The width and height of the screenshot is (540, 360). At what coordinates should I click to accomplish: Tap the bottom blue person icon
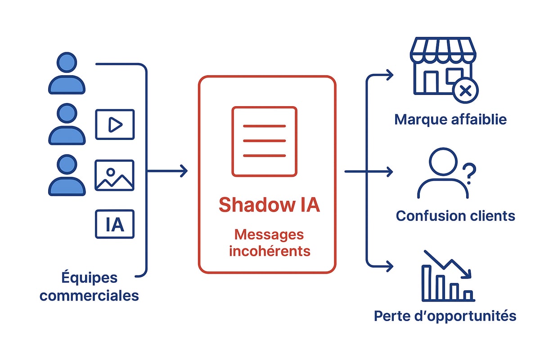pyautogui.click(x=67, y=175)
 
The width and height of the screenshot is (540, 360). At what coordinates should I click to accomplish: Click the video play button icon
pyautogui.click(x=115, y=125)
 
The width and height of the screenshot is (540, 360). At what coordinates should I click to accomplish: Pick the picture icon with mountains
pyautogui.click(x=115, y=175)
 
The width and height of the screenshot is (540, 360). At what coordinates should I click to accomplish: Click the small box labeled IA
pyautogui.click(x=115, y=224)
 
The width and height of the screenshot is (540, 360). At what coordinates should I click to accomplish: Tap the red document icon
pyautogui.click(x=264, y=141)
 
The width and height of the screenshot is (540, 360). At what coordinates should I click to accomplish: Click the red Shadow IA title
pyautogui.click(x=269, y=205)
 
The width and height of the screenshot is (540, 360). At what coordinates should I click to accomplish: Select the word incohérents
pyautogui.click(x=270, y=250)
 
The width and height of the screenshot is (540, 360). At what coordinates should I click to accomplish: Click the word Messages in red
pyautogui.click(x=269, y=234)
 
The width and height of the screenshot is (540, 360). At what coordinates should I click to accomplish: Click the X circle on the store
pyautogui.click(x=465, y=91)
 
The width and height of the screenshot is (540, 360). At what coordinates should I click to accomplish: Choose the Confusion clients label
pyautogui.click(x=455, y=216)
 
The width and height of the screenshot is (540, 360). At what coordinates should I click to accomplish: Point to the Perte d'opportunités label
pyautogui.click(x=445, y=316)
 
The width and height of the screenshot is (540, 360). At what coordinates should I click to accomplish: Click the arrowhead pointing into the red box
pyautogui.click(x=183, y=171)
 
